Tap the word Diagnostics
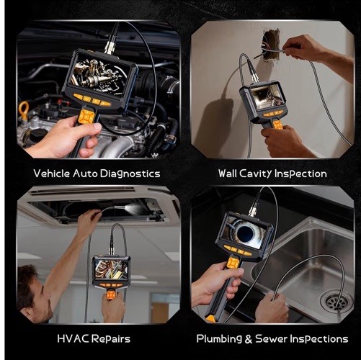(130, 174)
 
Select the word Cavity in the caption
(256, 174)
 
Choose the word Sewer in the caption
(271, 338)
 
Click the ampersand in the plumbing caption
(249, 339)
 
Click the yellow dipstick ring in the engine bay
(24, 110)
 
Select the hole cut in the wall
(272, 45)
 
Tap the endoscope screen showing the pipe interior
(247, 232)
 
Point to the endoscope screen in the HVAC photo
(111, 270)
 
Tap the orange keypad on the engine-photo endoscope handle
(85, 117)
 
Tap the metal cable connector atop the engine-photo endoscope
(110, 47)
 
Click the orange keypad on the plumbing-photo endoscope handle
(233, 263)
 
